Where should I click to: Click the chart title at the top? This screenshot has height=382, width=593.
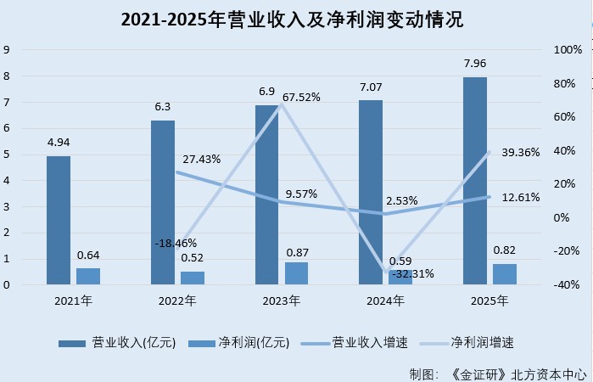(297, 19)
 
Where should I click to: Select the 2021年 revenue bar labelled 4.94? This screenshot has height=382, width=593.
(59, 220)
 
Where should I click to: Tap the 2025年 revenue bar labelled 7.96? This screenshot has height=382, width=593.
(475, 181)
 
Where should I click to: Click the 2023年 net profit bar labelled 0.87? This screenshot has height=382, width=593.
(297, 272)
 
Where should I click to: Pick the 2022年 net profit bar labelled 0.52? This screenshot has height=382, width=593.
(193, 278)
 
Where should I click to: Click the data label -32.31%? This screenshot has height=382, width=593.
(414, 274)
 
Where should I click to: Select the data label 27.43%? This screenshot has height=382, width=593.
(202, 159)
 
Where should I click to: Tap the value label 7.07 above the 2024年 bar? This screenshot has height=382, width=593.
(371, 87)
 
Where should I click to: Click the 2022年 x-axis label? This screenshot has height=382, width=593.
(177, 301)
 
